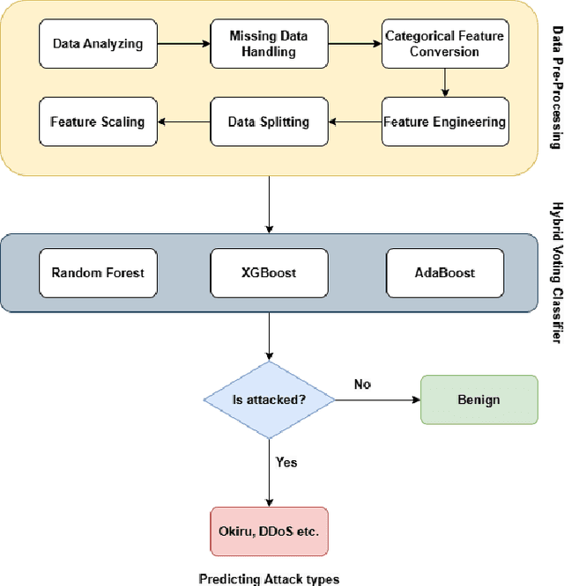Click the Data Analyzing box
click(x=97, y=43)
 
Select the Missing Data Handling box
click(x=269, y=43)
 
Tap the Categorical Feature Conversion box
click(x=444, y=43)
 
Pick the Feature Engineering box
click(x=444, y=121)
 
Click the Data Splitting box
click(x=269, y=121)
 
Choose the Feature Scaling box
click(x=97, y=121)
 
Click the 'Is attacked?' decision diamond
click(x=269, y=399)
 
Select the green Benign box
click(x=479, y=399)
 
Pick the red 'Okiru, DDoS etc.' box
click(x=269, y=531)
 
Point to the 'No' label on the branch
click(x=362, y=385)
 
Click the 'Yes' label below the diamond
click(x=286, y=462)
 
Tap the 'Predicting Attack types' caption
click(x=269, y=579)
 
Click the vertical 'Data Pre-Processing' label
click(x=556, y=88)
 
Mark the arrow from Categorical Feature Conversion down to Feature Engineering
click(x=470, y=82)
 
